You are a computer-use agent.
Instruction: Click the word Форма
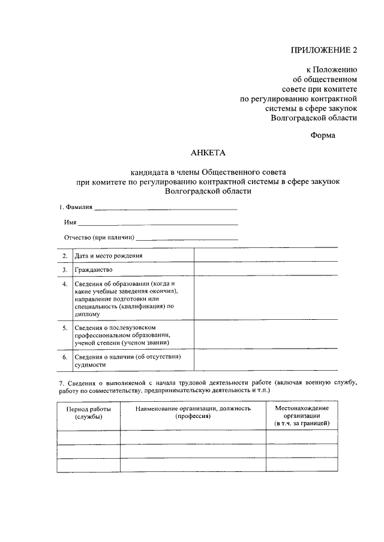point(323,135)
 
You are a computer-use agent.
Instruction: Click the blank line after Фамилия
point(166,208)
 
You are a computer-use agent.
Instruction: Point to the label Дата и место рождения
point(109,256)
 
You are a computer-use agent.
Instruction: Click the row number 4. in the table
point(65,283)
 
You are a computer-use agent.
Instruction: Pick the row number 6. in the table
point(65,357)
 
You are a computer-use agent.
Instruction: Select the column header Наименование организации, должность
point(193,412)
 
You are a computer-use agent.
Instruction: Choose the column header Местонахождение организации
point(302,416)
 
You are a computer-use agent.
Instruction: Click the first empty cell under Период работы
point(88,438)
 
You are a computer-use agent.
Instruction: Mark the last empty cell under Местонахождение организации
point(302,465)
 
